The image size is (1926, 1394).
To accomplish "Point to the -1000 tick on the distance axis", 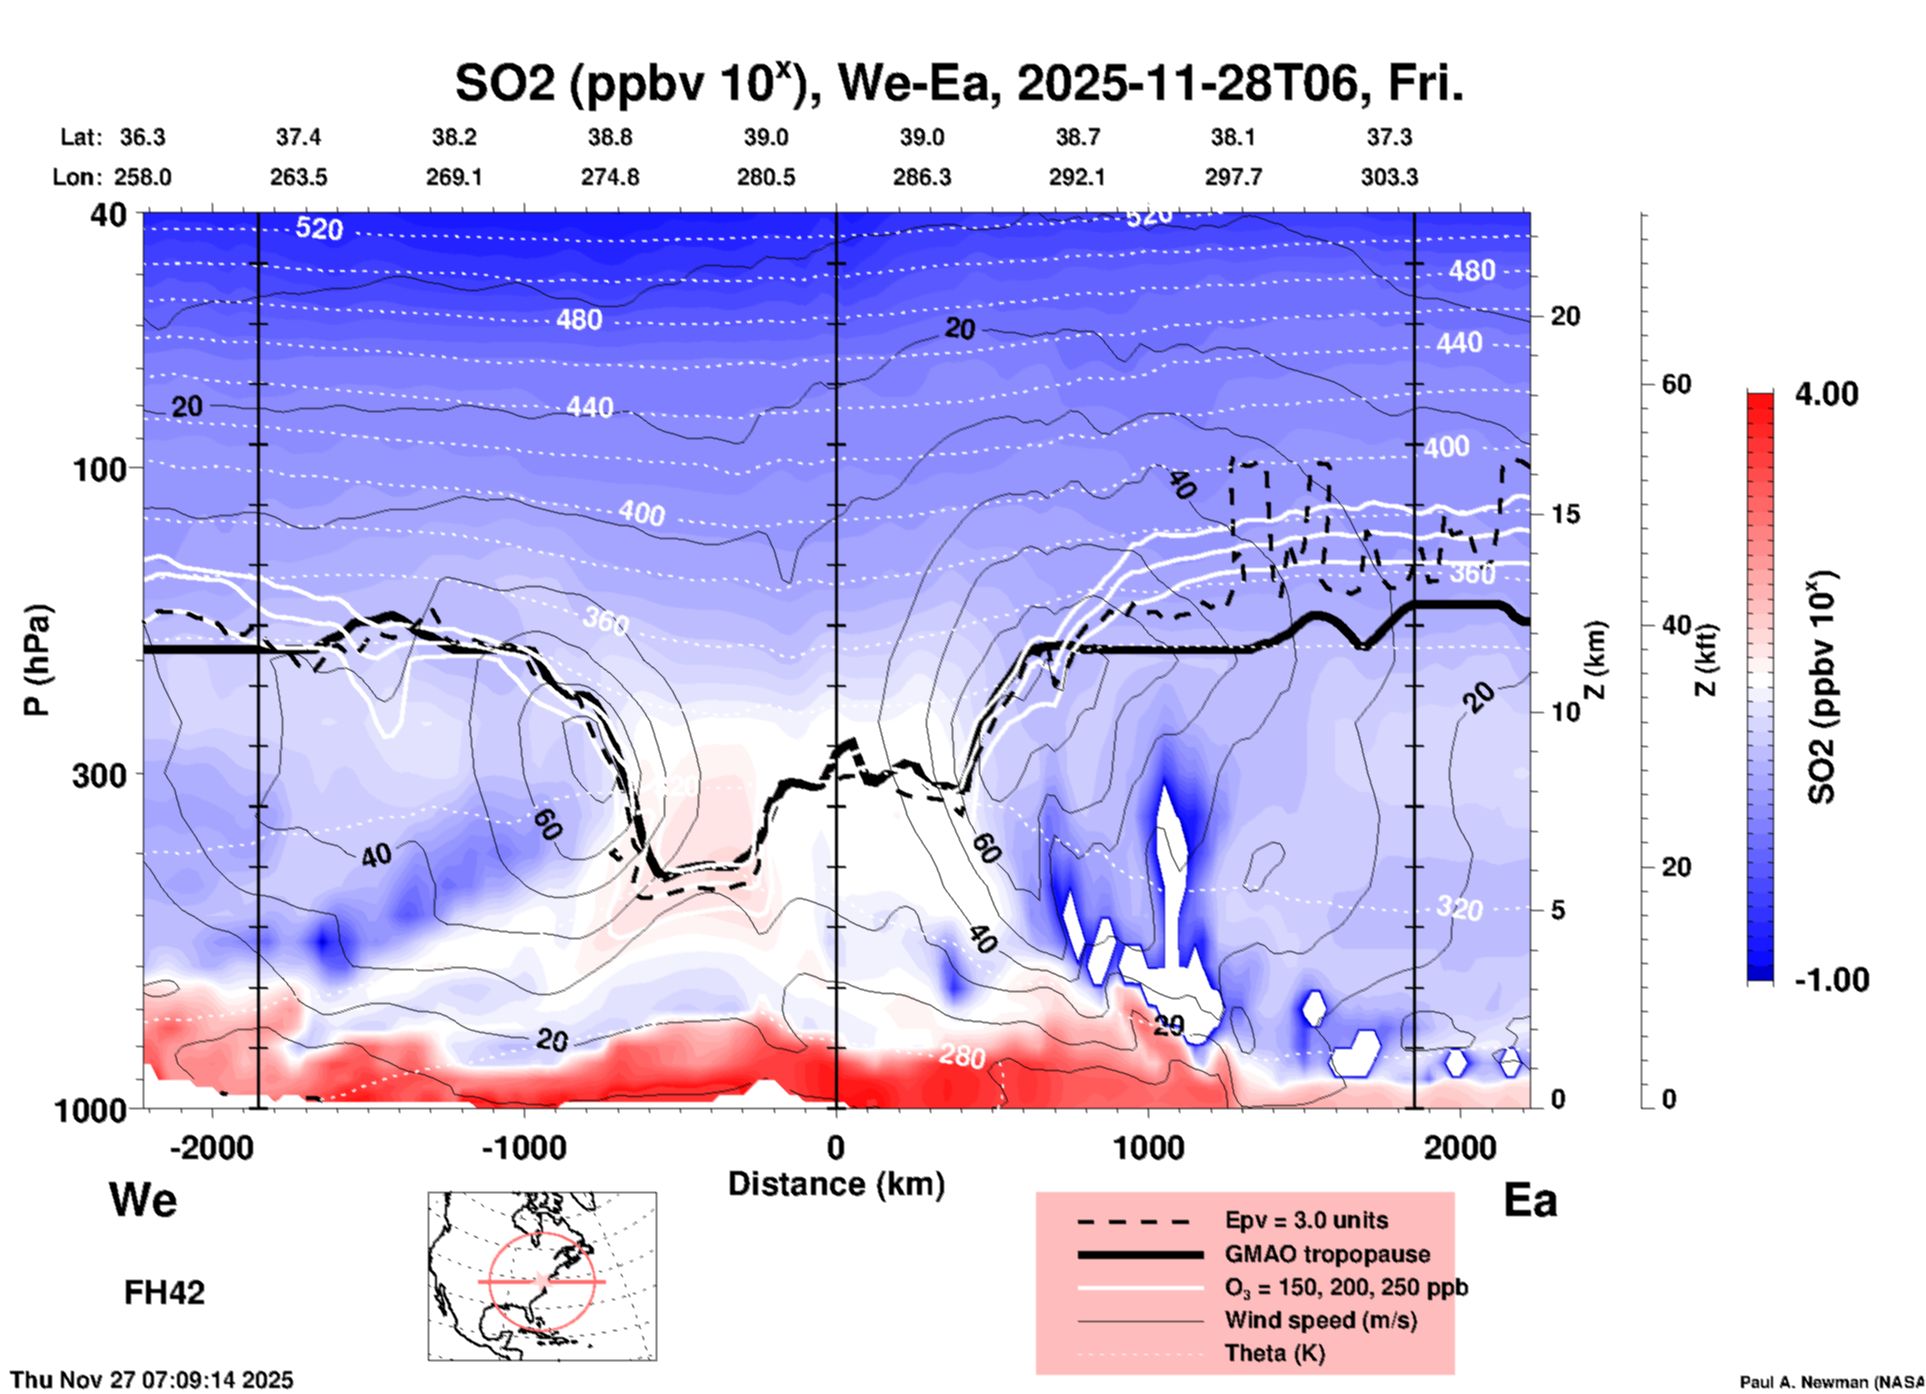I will [524, 1147].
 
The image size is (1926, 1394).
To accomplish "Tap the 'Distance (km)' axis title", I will [836, 1184].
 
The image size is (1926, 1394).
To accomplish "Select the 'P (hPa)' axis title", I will [37, 660].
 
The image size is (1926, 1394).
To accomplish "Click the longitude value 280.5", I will [766, 177].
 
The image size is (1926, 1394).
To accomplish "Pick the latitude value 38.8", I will [610, 137].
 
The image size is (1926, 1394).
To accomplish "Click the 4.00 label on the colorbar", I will [1826, 394].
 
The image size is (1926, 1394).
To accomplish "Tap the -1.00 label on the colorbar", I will [1831, 980].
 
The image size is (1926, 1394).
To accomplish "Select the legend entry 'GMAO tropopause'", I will [1327, 1254].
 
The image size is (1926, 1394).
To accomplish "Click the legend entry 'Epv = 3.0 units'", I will [1306, 1220].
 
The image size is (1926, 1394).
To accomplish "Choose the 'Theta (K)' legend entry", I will [1274, 1353].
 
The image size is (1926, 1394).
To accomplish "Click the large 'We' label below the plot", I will [143, 1199].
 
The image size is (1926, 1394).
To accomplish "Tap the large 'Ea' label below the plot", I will [1530, 1200].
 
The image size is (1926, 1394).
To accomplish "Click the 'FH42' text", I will [164, 1292].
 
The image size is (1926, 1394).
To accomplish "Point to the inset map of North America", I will [542, 1276].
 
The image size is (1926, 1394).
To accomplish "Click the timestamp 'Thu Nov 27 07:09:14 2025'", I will [152, 1380].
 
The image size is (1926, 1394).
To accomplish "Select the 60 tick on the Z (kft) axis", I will [1676, 384].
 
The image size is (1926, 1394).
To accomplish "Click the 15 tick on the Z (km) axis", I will [1564, 514].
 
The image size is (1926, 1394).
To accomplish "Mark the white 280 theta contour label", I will [962, 1056].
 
